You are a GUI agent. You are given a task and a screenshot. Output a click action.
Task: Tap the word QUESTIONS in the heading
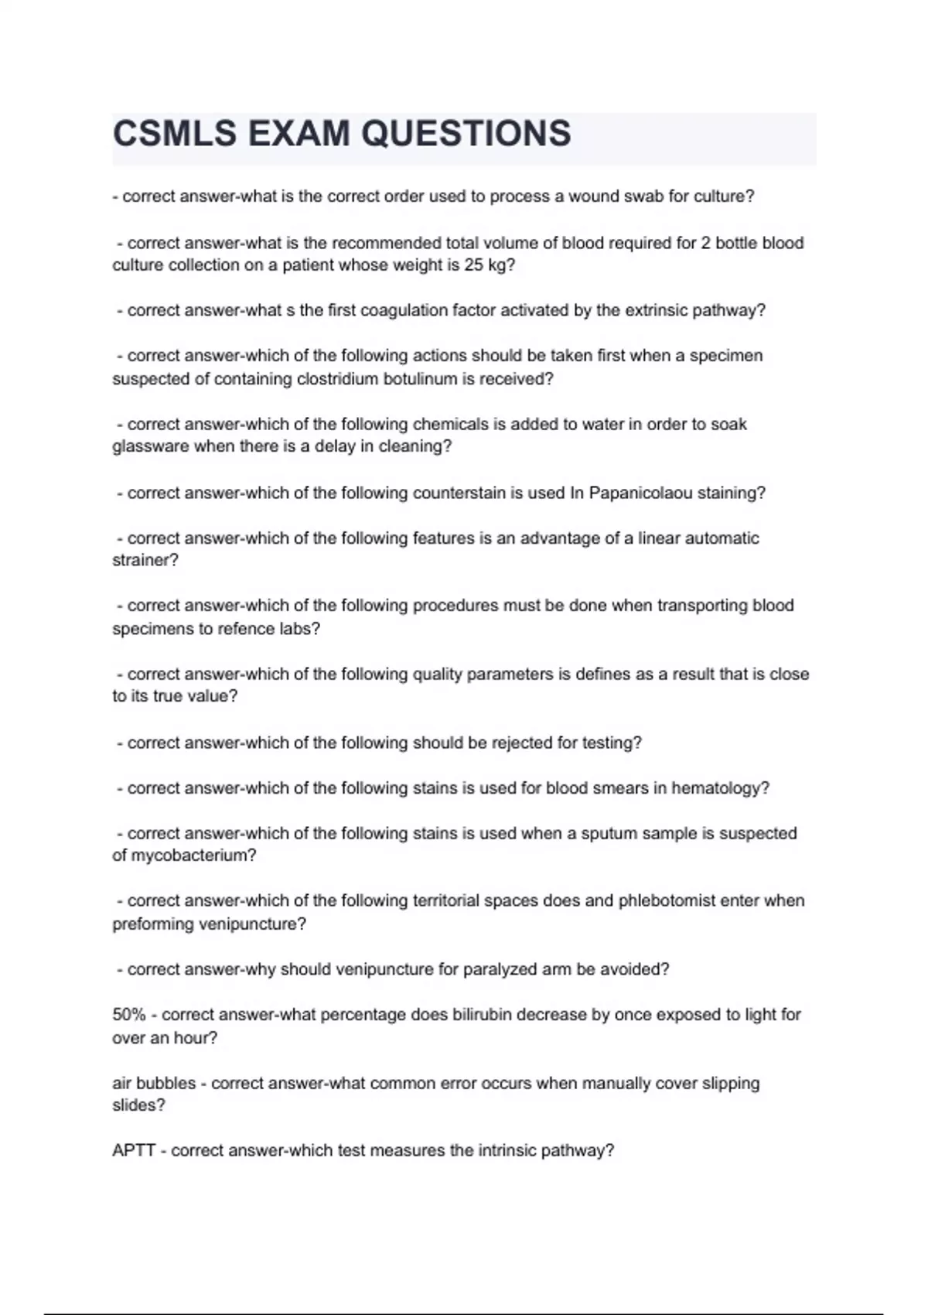[466, 134]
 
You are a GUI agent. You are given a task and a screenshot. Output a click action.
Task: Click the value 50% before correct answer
[128, 1014]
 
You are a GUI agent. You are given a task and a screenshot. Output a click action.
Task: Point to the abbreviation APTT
[134, 1150]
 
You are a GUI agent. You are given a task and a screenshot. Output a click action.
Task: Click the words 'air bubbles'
[154, 1083]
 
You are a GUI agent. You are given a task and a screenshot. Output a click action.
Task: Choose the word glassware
[150, 446]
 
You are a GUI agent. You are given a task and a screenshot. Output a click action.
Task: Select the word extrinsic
[656, 310]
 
